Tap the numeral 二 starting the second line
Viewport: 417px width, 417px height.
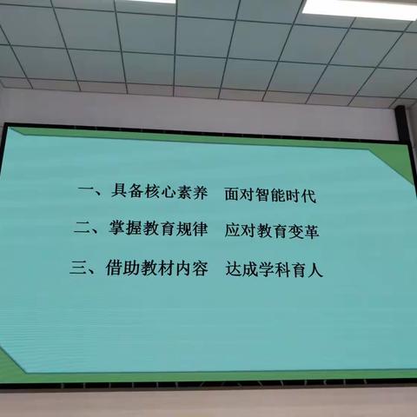pyautogui.click(x=84, y=232)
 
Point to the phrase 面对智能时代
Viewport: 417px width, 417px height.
pyautogui.click(x=269, y=195)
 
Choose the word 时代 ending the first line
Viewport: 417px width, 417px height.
pyautogui.click(x=302, y=195)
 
